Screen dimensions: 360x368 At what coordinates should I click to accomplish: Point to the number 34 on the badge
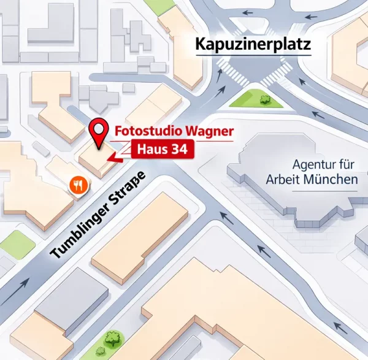[x=178, y=148]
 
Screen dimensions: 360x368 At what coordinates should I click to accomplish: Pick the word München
[x=334, y=180]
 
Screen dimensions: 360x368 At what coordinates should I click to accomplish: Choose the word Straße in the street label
[x=126, y=192]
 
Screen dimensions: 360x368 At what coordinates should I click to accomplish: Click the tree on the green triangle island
[x=266, y=98]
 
